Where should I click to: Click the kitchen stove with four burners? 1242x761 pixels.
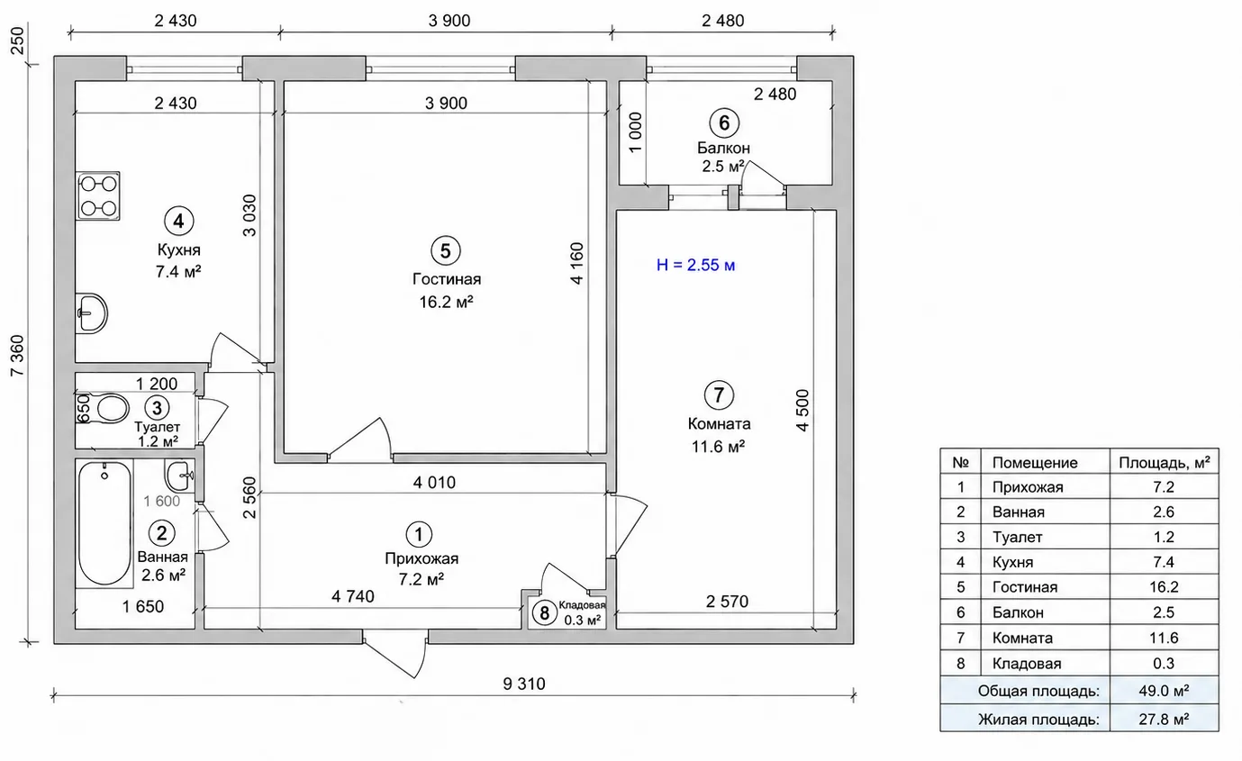[98, 196]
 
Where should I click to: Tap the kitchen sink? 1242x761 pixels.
[92, 313]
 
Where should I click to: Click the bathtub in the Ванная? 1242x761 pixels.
[104, 523]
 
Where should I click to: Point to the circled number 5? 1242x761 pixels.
[445, 251]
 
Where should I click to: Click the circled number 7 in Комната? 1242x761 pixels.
[719, 395]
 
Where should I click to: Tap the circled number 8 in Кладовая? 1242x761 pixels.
[545, 613]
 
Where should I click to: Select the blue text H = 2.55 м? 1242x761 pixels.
[695, 265]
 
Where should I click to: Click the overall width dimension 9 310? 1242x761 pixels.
[524, 684]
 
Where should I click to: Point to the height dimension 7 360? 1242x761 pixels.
[18, 355]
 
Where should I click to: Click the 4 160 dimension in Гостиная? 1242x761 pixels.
[577, 263]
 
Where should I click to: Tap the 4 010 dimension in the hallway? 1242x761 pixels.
[434, 483]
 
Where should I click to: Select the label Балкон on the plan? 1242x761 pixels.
[723, 148]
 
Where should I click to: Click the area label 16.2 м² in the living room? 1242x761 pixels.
[446, 302]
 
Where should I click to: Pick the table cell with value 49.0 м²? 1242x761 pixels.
[1164, 691]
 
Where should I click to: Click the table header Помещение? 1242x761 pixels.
[1035, 463]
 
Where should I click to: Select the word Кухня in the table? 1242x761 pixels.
[1013, 562]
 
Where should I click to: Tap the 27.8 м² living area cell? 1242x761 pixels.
[1164, 719]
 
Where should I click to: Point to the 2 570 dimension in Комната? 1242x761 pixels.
[727, 602]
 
